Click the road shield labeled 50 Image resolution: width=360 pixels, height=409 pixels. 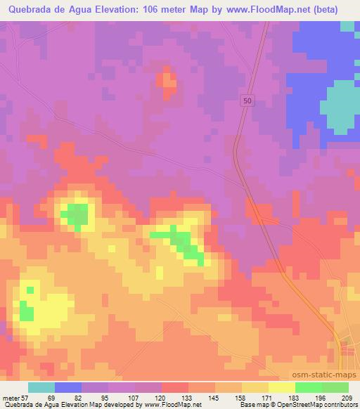pos(246,101)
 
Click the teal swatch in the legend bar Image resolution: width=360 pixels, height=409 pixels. pos(41,387)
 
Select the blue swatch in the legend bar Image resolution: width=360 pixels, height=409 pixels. pos(68,387)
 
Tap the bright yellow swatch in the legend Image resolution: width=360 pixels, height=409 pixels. pos(281,387)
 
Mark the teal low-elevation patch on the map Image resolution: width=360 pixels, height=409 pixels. pos(340,105)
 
